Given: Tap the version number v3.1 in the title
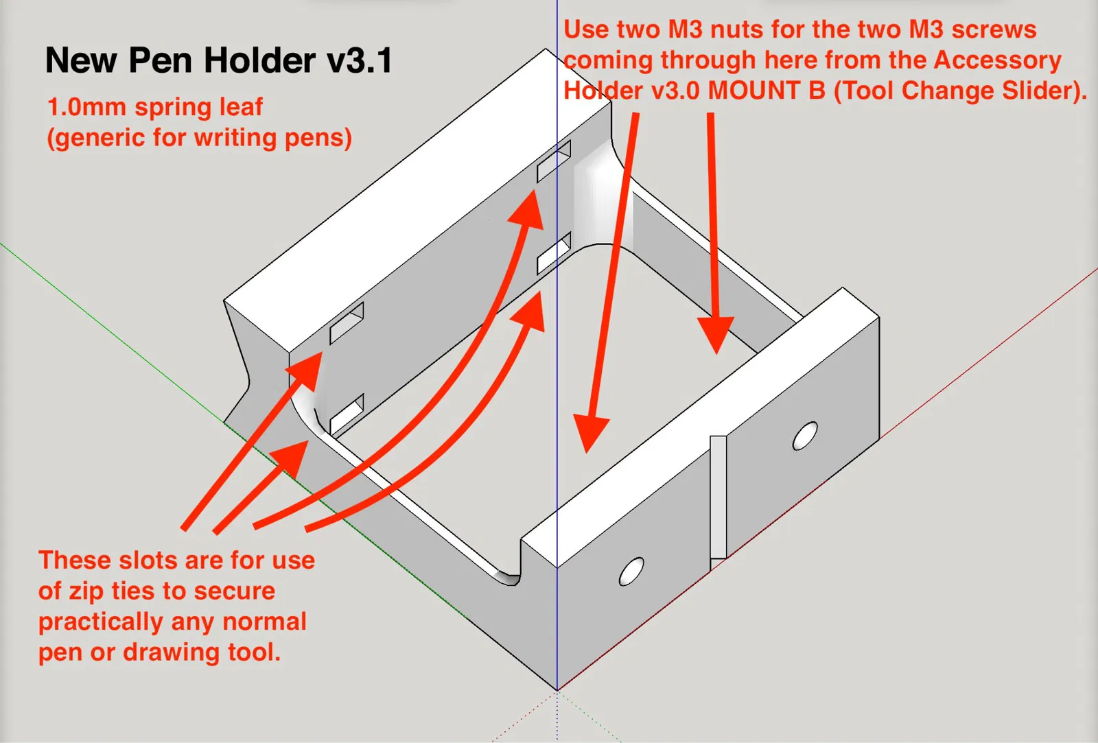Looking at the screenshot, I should (359, 60).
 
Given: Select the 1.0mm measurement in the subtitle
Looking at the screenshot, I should (86, 108).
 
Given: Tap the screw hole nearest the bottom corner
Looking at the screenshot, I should (631, 571).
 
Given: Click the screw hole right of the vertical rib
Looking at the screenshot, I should (805, 436).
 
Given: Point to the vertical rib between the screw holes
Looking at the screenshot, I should (718, 497).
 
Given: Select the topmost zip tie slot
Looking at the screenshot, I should (554, 161).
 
